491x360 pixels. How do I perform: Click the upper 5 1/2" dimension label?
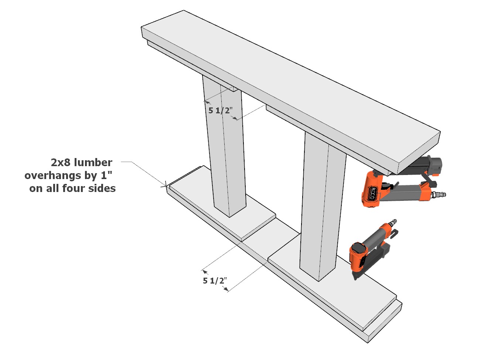point(220,110)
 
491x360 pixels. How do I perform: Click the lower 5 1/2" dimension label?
point(215,281)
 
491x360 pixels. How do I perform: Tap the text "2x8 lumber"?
point(81,162)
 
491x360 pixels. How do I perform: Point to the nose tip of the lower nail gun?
point(355,277)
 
